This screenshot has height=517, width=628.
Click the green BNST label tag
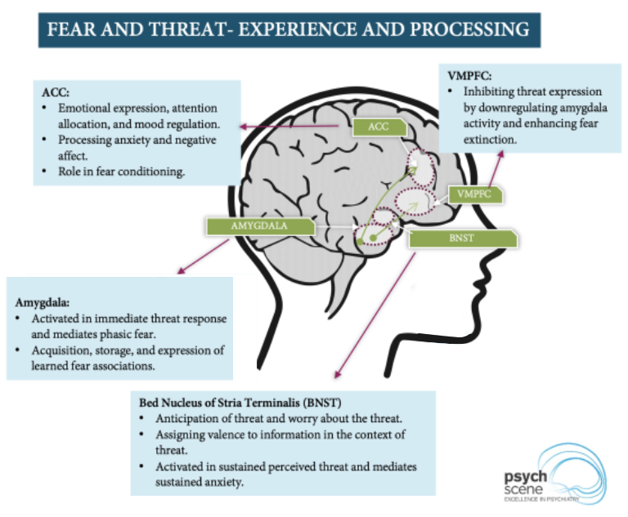pos(462,238)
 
